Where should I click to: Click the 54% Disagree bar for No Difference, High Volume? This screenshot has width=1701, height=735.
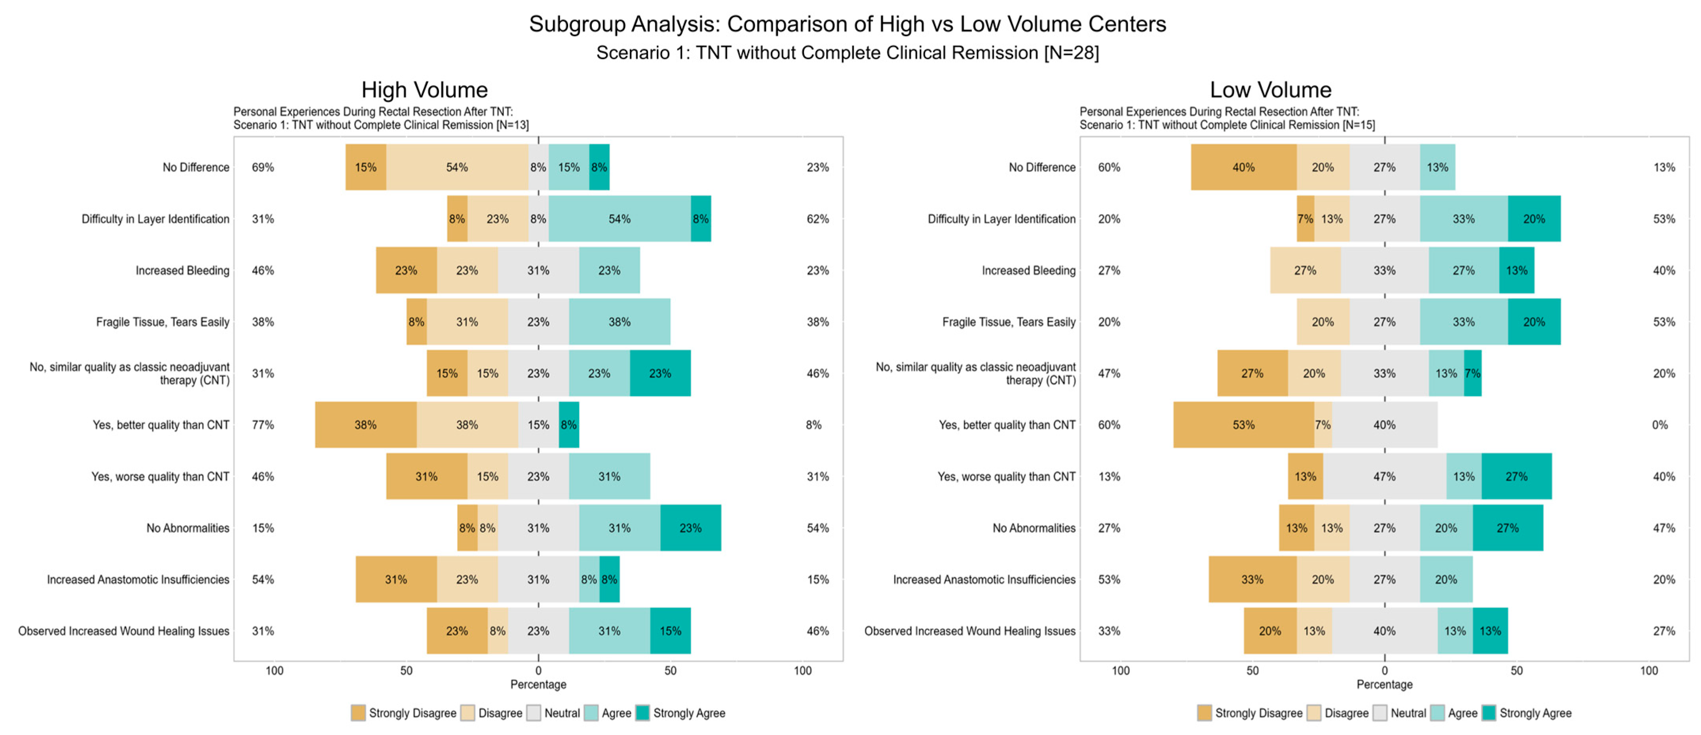click(456, 167)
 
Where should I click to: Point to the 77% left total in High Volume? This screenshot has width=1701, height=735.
click(263, 425)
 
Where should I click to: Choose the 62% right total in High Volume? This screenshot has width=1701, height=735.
click(817, 218)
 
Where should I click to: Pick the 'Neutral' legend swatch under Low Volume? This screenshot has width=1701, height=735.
click(1380, 712)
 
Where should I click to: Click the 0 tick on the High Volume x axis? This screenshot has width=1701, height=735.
click(538, 670)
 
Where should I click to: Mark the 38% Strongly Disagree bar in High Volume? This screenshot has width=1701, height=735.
click(365, 425)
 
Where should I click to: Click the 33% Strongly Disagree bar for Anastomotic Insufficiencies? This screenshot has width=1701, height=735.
click(1252, 579)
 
